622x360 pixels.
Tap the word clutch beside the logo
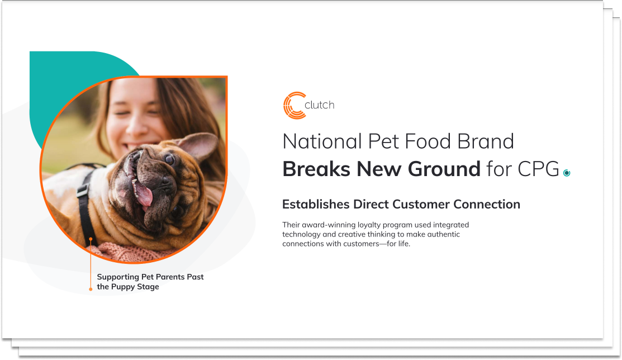point(319,105)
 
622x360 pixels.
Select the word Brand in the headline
point(486,141)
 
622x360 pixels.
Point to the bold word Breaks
point(316,169)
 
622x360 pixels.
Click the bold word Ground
point(444,169)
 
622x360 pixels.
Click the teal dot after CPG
point(567,173)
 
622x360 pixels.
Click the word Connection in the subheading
point(487,204)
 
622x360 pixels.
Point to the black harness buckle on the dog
point(83,190)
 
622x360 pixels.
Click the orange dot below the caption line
point(91,289)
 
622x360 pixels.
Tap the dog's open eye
point(169,159)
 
